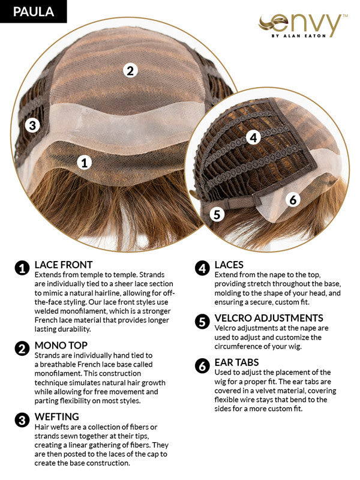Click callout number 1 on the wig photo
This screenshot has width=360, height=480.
[x=85, y=161]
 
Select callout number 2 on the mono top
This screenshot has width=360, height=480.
[x=130, y=70]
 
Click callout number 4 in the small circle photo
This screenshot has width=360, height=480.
[x=253, y=137]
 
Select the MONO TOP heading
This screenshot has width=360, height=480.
[x=61, y=346]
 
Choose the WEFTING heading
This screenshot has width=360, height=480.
[x=56, y=416]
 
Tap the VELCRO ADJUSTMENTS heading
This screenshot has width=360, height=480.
[x=268, y=318]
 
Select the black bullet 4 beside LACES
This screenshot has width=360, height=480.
[x=202, y=268]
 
